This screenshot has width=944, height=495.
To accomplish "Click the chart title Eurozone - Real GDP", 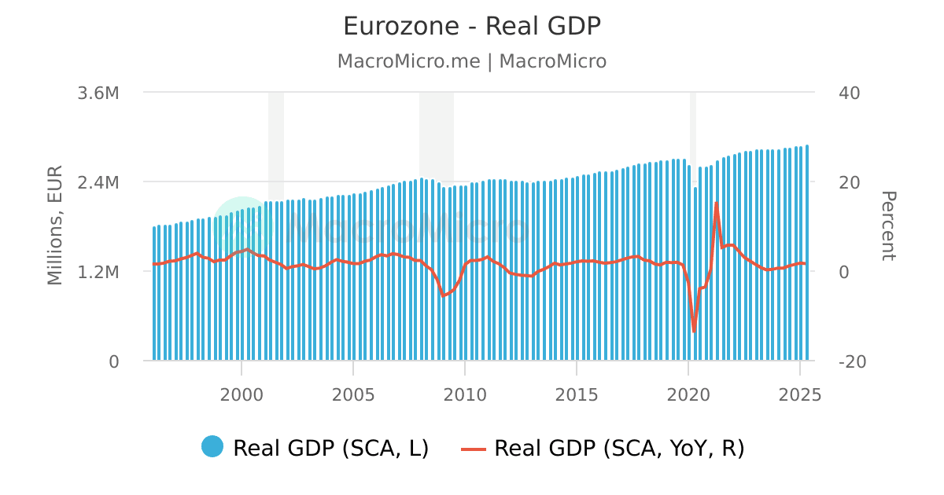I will pyautogui.click(x=472, y=26).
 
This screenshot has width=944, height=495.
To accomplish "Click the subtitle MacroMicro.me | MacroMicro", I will pyautogui.click(x=472, y=61).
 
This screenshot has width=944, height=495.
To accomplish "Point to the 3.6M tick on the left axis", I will pyautogui.click(x=98, y=93).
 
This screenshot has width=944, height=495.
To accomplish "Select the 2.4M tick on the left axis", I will pyautogui.click(x=98, y=182).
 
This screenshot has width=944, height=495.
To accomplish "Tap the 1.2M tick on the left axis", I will pyautogui.click(x=98, y=272).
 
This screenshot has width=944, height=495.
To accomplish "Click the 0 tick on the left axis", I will pyautogui.click(x=113, y=361).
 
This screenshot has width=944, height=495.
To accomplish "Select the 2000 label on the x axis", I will pyautogui.click(x=241, y=395).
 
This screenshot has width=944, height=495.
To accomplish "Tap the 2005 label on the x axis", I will pyautogui.click(x=352, y=395).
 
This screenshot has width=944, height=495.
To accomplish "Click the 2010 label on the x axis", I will pyautogui.click(x=464, y=395).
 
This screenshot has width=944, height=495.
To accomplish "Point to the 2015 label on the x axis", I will pyautogui.click(x=576, y=395).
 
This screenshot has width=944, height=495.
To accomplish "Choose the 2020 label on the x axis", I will pyautogui.click(x=688, y=395).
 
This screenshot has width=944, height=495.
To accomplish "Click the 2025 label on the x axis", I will pyautogui.click(x=799, y=395).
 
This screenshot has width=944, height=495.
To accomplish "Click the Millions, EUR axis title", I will pyautogui.click(x=55, y=225).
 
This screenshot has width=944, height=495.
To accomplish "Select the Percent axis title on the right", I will pyautogui.click(x=887, y=225).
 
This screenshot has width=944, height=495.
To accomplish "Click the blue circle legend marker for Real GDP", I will pyautogui.click(x=212, y=446).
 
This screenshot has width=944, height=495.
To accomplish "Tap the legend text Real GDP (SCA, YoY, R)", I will pyautogui.click(x=619, y=448).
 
